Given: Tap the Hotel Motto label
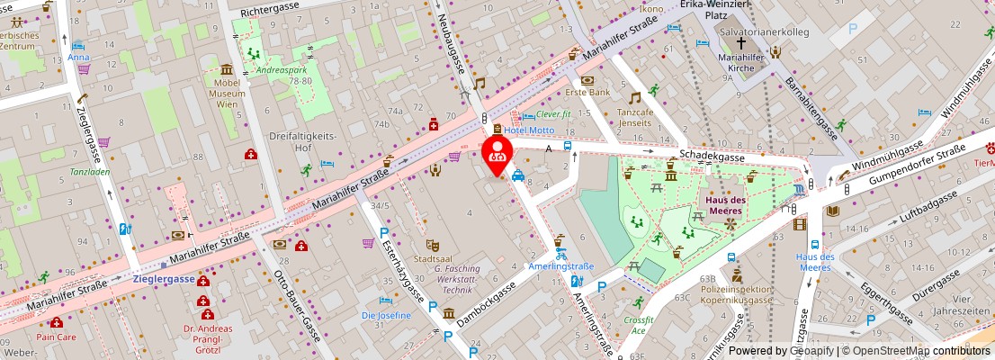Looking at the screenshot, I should [529, 130].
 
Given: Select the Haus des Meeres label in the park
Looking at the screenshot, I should [723, 205].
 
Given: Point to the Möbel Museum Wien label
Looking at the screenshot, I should [226, 93].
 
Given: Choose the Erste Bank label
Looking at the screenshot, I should [587, 92].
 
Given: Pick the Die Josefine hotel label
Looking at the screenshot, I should [386, 316].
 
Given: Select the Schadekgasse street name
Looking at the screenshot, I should [711, 156].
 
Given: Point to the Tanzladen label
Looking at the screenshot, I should [90, 171].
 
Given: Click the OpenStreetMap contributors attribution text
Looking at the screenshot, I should [917, 351].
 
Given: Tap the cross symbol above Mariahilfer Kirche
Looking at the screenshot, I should [741, 42].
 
